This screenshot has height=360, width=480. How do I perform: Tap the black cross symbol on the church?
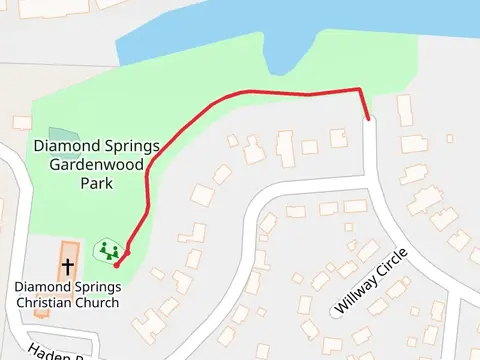(x=68, y=267)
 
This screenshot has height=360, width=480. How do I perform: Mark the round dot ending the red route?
(x=116, y=265)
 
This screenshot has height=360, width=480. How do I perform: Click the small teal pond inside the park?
(x=62, y=134)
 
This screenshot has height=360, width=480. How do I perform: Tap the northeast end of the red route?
(x=369, y=118)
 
